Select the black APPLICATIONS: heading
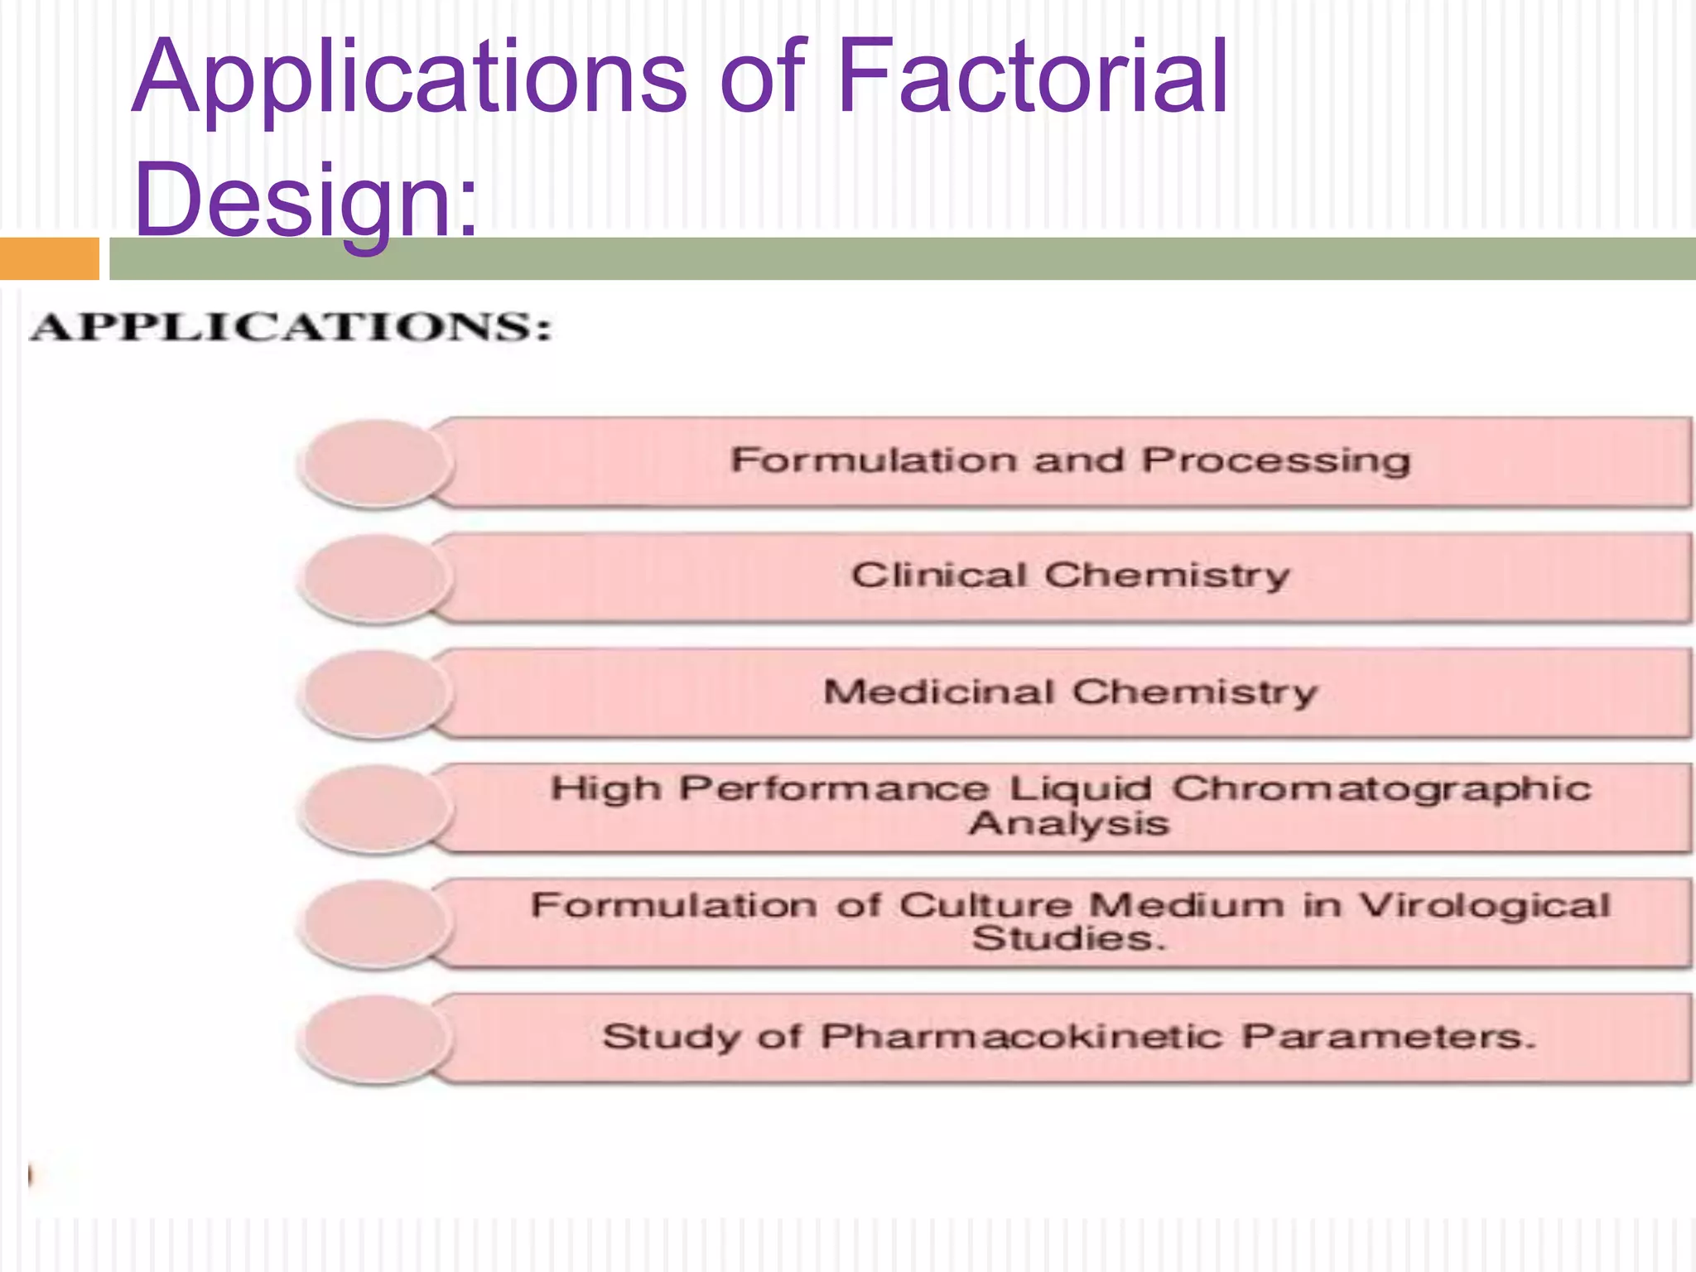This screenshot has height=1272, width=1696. [290, 326]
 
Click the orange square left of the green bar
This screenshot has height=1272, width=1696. [49, 258]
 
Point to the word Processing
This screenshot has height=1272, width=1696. [1275, 460]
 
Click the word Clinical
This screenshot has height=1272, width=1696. [939, 575]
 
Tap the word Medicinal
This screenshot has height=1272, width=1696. [939, 691]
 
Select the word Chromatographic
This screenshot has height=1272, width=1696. [1381, 788]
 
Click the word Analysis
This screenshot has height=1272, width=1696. [1068, 824]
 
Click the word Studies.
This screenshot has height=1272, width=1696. [1068, 939]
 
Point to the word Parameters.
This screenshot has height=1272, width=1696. [1388, 1037]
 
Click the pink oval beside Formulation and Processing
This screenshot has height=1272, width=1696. [377, 462]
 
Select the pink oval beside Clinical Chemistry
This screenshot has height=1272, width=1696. [377, 577]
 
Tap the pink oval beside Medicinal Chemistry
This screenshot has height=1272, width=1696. [377, 692]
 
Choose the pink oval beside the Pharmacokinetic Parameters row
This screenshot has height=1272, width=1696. [377, 1038]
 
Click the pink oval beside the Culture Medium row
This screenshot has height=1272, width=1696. [377, 923]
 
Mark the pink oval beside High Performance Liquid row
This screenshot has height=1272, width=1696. [377, 807]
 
